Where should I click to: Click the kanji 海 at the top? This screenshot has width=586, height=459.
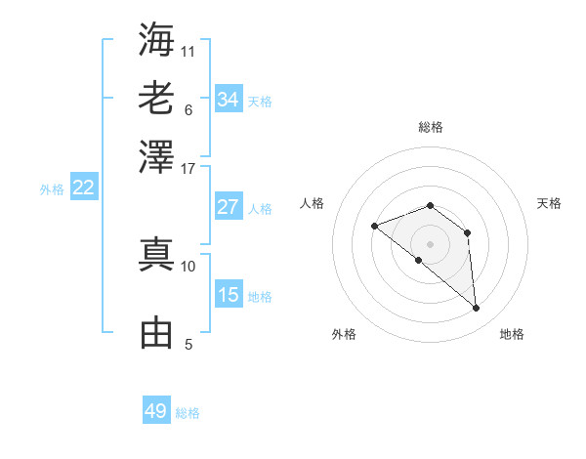pyautogui.click(x=156, y=39)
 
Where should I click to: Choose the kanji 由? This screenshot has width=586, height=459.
pyautogui.click(x=156, y=332)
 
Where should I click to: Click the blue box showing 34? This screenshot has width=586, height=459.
pyautogui.click(x=228, y=100)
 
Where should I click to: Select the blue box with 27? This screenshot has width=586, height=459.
pyautogui.click(x=228, y=207)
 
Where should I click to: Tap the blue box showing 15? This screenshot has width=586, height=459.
pyautogui.click(x=228, y=295)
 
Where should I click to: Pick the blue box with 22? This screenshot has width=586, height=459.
pyautogui.click(x=83, y=188)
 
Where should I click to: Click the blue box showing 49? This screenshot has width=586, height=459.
pyautogui.click(x=156, y=411)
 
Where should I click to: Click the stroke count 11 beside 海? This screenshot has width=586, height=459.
pyautogui.click(x=188, y=50)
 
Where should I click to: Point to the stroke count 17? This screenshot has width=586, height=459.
pyautogui.click(x=188, y=168)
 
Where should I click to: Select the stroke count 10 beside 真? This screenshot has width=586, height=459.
pyautogui.click(x=188, y=266)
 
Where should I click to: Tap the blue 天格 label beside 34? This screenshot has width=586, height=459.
pyautogui.click(x=260, y=101)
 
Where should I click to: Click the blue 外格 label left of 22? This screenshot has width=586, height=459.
pyautogui.click(x=51, y=189)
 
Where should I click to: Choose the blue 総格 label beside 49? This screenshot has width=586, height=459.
pyautogui.click(x=188, y=413)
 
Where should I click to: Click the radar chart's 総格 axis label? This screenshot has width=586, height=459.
pyautogui.click(x=430, y=127)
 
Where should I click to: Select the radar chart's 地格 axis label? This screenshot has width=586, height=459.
pyautogui.click(x=512, y=335)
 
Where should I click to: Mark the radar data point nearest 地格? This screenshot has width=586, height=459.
pyautogui.click(x=476, y=309)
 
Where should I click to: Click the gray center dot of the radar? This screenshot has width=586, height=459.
pyautogui.click(x=430, y=243)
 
